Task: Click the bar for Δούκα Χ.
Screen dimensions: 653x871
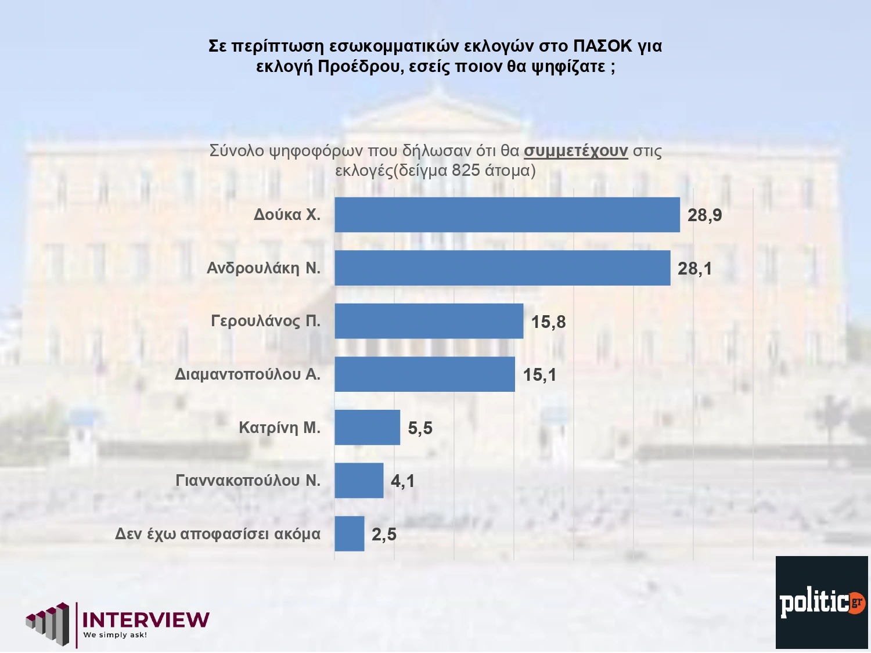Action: (507, 215)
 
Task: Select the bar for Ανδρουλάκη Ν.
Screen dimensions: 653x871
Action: (502, 268)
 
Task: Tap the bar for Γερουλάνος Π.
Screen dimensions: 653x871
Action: (429, 321)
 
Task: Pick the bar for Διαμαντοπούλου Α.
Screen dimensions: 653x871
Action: (424, 374)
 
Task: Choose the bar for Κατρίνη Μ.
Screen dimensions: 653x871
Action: (367, 428)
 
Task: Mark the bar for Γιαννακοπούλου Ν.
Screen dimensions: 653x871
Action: (359, 481)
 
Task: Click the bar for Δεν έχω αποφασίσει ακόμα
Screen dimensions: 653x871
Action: (349, 534)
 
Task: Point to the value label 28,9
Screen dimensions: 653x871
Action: (704, 215)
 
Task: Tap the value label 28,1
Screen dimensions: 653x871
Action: (694, 269)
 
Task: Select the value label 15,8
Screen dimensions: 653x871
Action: (548, 322)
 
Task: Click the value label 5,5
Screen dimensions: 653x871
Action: (420, 428)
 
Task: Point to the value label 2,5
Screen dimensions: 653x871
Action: (384, 535)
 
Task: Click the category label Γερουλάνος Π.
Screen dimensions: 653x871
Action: (265, 321)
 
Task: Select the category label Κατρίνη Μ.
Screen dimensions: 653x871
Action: (279, 428)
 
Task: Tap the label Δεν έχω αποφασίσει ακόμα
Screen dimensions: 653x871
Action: (218, 534)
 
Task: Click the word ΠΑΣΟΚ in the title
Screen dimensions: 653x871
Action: (602, 46)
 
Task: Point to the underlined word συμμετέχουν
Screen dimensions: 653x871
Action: (575, 151)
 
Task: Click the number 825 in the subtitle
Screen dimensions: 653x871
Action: (466, 171)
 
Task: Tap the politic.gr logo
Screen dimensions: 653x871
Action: (822, 603)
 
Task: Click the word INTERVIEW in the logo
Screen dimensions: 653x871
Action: (146, 620)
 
